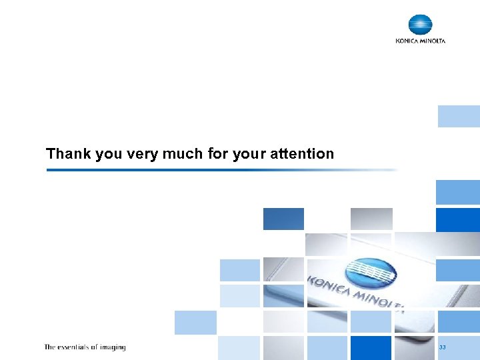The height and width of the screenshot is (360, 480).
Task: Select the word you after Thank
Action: click(109, 154)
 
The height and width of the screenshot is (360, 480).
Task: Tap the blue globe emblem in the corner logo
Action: click(420, 25)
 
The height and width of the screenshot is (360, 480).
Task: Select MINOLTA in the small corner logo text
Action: click(432, 41)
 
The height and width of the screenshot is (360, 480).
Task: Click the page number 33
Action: click(442, 348)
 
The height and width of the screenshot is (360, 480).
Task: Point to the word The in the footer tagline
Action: click(50, 347)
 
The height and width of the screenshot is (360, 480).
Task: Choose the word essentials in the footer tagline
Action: click(76, 347)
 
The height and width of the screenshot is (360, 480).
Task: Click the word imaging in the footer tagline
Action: click(114, 347)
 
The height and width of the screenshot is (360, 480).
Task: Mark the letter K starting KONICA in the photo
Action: click(311, 278)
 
